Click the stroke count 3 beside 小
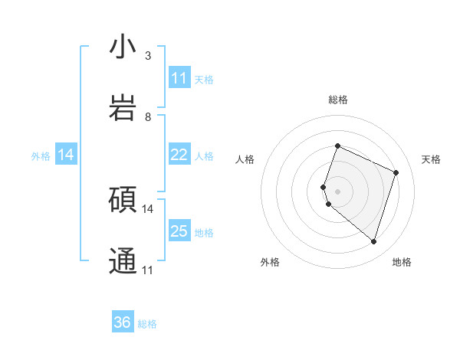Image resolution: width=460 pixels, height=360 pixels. point(148,56)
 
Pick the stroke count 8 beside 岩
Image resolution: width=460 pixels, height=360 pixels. point(148,117)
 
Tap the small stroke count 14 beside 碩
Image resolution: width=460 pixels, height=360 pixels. point(148,208)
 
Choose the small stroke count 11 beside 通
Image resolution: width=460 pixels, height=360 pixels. point(148,270)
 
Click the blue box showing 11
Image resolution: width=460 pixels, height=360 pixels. point(179,78)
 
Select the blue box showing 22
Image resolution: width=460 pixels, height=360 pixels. point(179,155)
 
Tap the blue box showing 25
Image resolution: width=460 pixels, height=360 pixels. point(179,231)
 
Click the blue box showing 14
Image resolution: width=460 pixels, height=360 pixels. point(66,155)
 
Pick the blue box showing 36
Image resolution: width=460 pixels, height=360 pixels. point(123,322)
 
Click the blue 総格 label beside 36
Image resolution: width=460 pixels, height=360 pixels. point(147,324)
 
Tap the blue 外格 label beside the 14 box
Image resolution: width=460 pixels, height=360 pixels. point(41,155)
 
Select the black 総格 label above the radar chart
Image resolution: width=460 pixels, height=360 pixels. point(337,100)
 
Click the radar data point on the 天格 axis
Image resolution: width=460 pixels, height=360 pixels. point(396,172)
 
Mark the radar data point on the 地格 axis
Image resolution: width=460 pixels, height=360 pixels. point(373,242)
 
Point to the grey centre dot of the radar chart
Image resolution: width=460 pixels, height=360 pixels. point(337,191)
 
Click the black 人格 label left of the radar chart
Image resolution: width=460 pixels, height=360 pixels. point(245,159)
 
